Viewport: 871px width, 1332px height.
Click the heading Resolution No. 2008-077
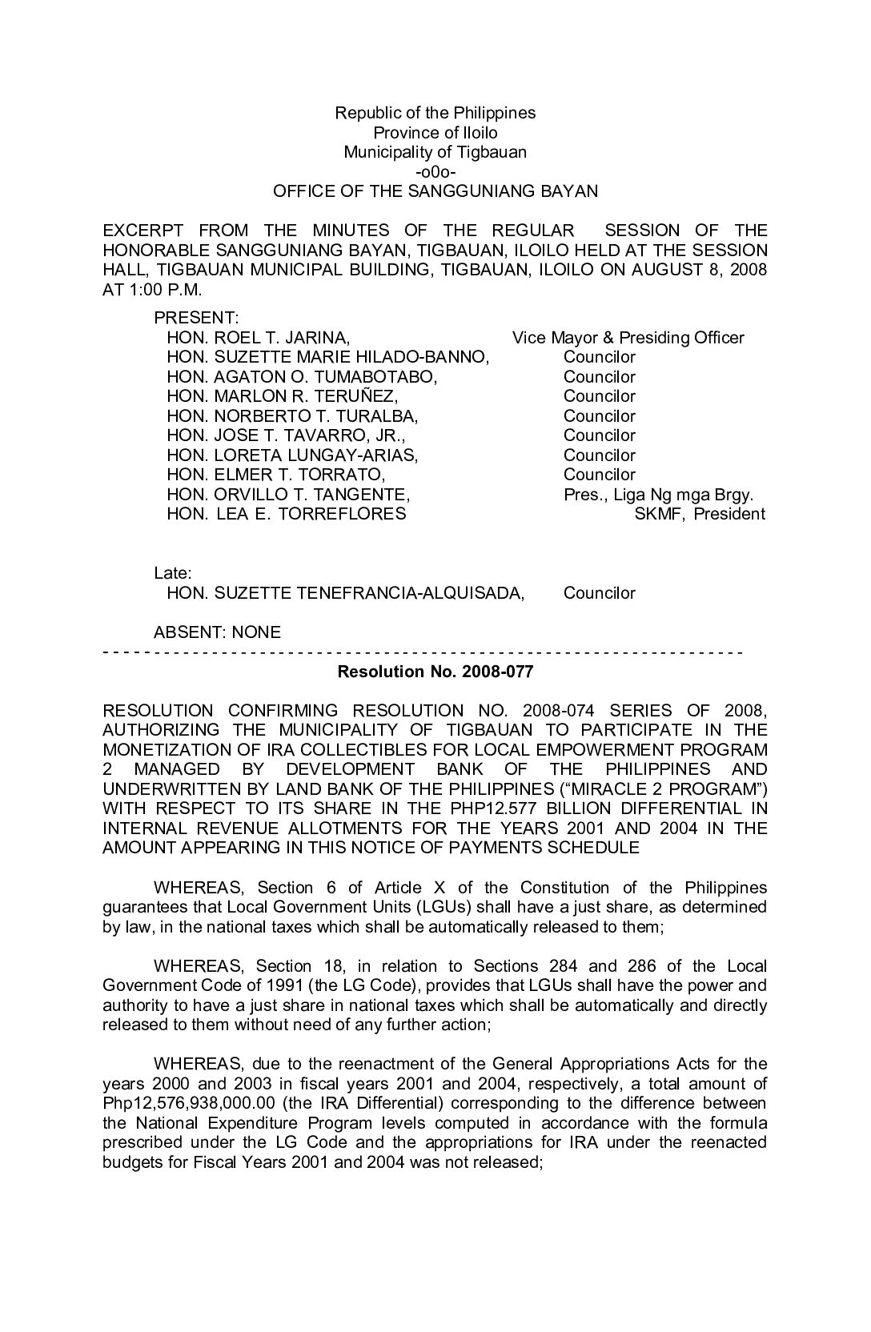point(435,671)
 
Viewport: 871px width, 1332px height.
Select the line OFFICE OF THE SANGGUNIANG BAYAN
point(435,191)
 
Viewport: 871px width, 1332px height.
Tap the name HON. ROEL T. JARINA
point(258,338)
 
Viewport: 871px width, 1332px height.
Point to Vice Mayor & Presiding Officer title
point(628,338)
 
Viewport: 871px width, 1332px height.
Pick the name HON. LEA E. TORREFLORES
point(286,514)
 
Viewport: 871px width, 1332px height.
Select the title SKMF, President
point(699,514)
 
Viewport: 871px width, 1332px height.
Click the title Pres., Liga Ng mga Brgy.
point(658,495)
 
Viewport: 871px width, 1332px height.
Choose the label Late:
point(172,573)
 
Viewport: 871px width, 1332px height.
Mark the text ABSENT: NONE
point(217,632)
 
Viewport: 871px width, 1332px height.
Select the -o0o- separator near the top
point(435,172)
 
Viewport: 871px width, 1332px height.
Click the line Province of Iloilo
point(435,133)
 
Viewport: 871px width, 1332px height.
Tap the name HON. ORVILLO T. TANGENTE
point(288,495)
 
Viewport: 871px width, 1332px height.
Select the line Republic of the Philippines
point(435,113)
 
